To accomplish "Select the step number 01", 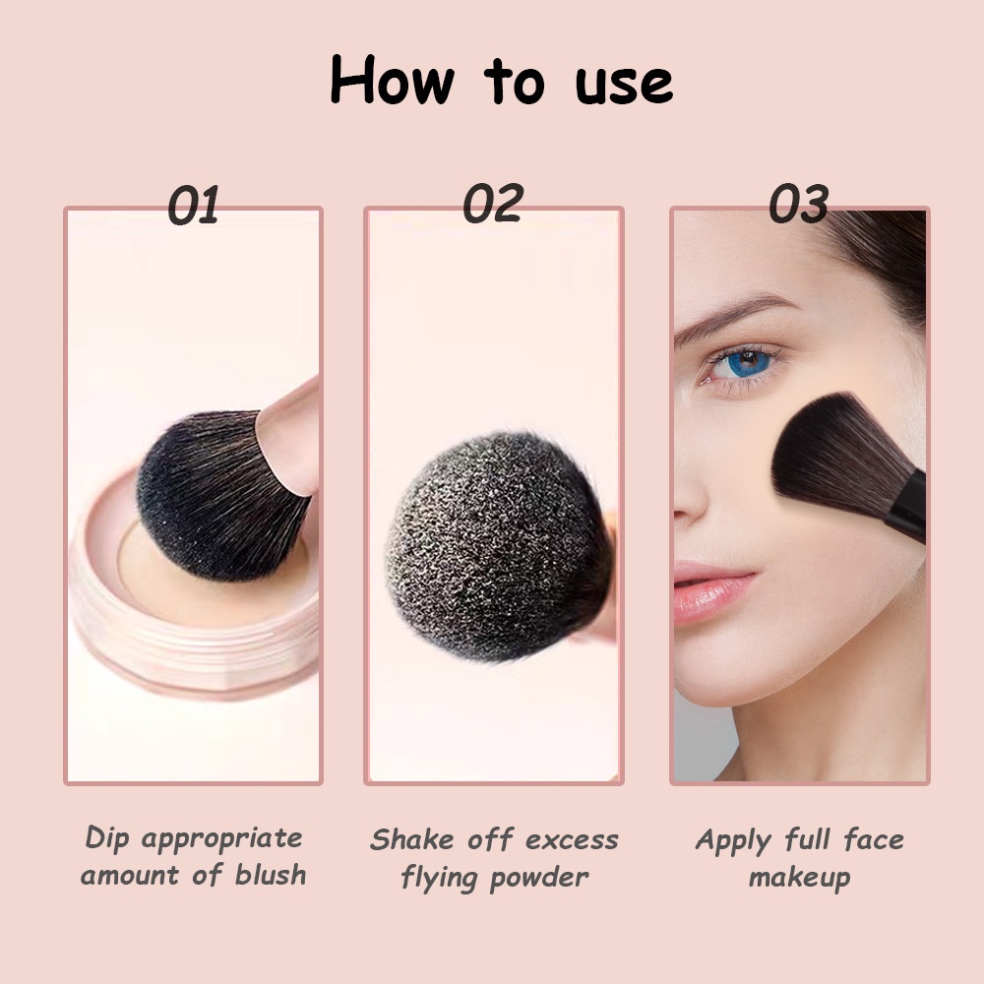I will [193, 206].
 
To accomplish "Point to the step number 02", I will [492, 204].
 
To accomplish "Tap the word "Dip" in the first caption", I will [108, 838].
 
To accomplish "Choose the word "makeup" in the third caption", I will [799, 876].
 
